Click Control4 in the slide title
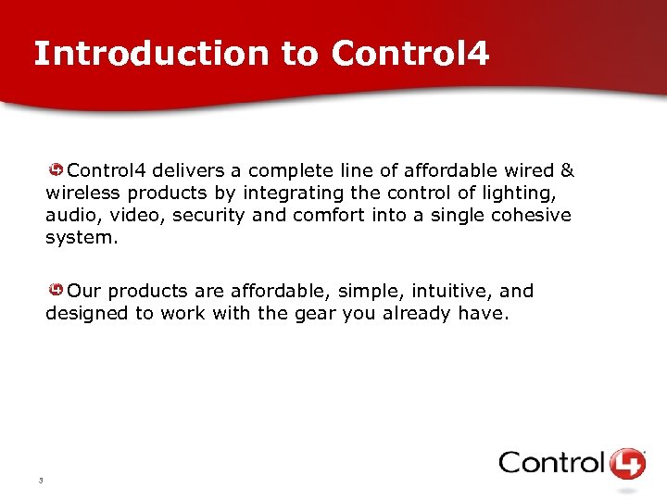pyautogui.click(x=409, y=54)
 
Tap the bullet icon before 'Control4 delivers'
pyautogui.click(x=57, y=170)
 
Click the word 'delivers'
pyautogui.click(x=184, y=170)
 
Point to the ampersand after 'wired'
pyautogui.click(x=567, y=170)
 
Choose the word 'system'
pyautogui.click(x=81, y=237)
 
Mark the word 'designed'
pyautogui.click(x=87, y=313)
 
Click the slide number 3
pyautogui.click(x=42, y=480)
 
